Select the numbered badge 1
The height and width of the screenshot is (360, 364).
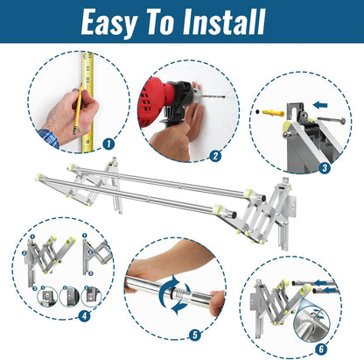tap(108, 144)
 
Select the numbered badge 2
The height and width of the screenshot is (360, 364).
tap(215, 156)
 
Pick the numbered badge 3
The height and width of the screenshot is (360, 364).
tap(325, 167)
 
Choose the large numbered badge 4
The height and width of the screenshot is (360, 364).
tap(84, 316)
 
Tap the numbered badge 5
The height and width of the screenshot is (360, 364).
tap(195, 335)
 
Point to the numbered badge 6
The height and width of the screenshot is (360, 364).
tap(321, 349)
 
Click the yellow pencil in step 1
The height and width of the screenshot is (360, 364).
tap(78, 109)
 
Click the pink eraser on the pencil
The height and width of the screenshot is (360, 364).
tap(75, 132)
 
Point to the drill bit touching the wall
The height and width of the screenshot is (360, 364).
tap(213, 96)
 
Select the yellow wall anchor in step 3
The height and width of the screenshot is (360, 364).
tap(273, 112)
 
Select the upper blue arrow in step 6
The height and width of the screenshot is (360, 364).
tap(325, 283)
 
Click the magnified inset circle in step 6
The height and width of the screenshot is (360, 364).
tap(312, 323)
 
